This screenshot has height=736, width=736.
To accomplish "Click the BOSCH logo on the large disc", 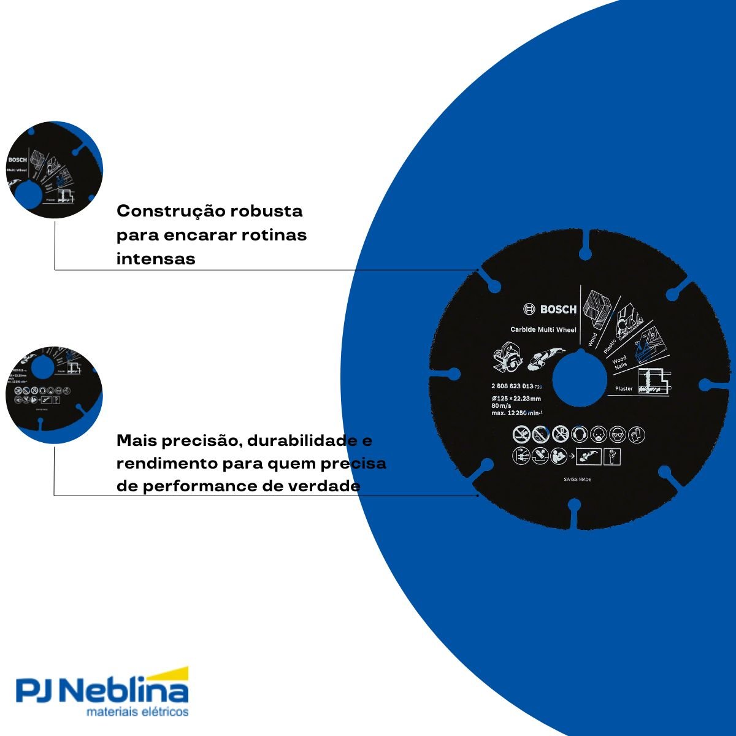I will pos(550,310).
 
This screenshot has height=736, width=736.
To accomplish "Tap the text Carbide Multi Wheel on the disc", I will pos(543,329).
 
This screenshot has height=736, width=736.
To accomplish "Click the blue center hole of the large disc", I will pos(577,380).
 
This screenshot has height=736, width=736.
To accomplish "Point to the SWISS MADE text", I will pos(577,480).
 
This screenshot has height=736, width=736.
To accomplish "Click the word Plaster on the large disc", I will pos(624,388).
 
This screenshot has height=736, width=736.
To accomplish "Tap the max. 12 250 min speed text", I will pos(519,413).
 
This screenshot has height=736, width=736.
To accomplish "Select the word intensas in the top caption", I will pos(156,259).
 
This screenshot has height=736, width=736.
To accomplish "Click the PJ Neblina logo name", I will pos(102,692).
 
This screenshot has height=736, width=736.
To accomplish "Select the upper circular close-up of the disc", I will pos(54,169).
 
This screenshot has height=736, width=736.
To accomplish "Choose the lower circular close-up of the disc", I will pos(54,394).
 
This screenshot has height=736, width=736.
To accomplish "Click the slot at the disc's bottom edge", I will pos(575,515).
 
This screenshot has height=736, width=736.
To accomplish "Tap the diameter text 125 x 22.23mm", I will pos(516,399).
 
